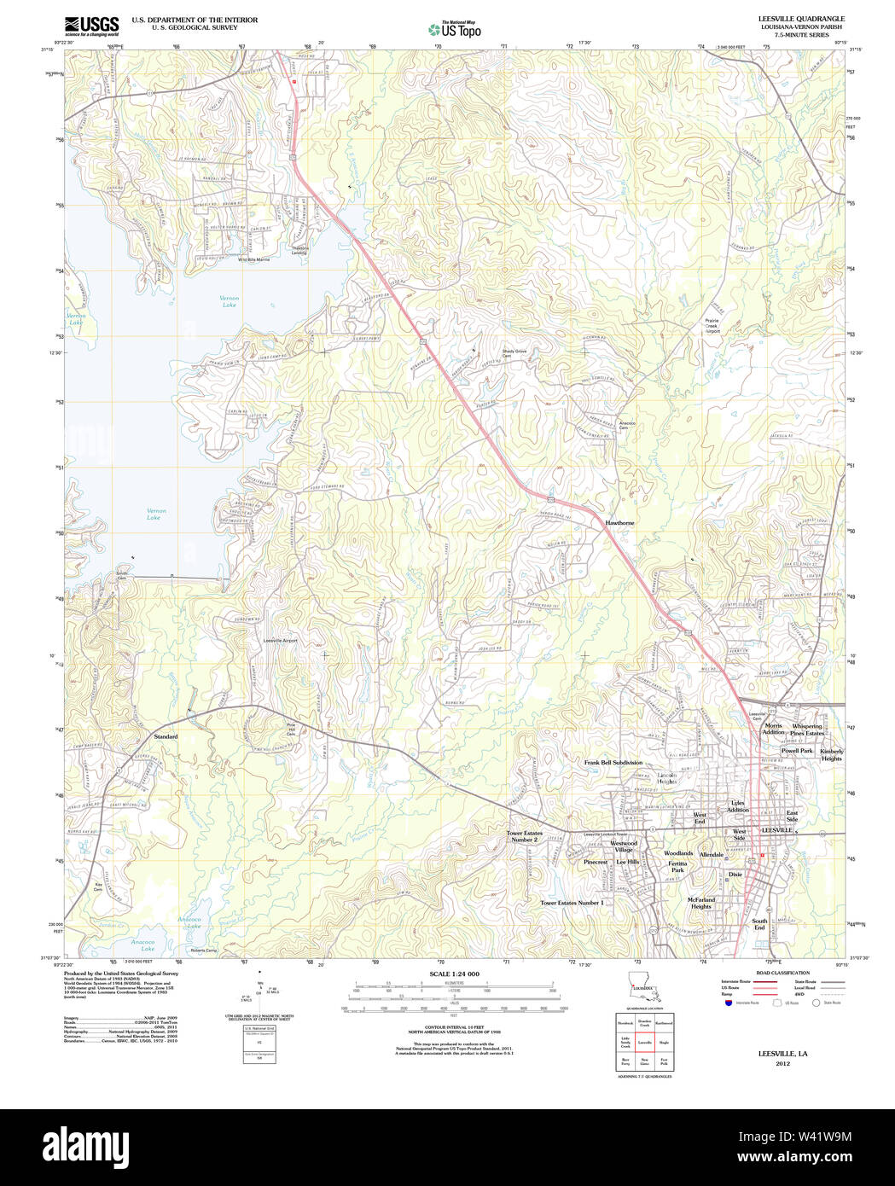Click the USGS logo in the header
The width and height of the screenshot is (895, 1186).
coord(91,25)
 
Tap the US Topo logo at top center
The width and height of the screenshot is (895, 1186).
coord(455,29)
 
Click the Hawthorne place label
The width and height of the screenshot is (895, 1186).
coord(620,522)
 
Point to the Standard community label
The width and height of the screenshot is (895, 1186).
coord(166,736)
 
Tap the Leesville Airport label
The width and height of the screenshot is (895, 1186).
coord(280,640)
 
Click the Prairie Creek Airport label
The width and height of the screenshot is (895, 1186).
coord(712,326)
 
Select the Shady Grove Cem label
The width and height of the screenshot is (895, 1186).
coord(514,353)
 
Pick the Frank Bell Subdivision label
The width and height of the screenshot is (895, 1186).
coord(613,762)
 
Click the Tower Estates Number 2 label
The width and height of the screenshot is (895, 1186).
coord(524,836)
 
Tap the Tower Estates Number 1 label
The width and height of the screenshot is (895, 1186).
coord(572,902)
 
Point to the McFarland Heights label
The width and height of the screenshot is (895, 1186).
coord(701,903)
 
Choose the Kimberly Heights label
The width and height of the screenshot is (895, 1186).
coord(831,755)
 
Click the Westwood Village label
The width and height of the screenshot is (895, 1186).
coord(624,846)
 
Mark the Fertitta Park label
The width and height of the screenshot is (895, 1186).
coord(677,866)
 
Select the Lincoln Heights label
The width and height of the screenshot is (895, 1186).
coord(666,778)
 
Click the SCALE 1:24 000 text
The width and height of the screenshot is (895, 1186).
coord(454,974)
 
